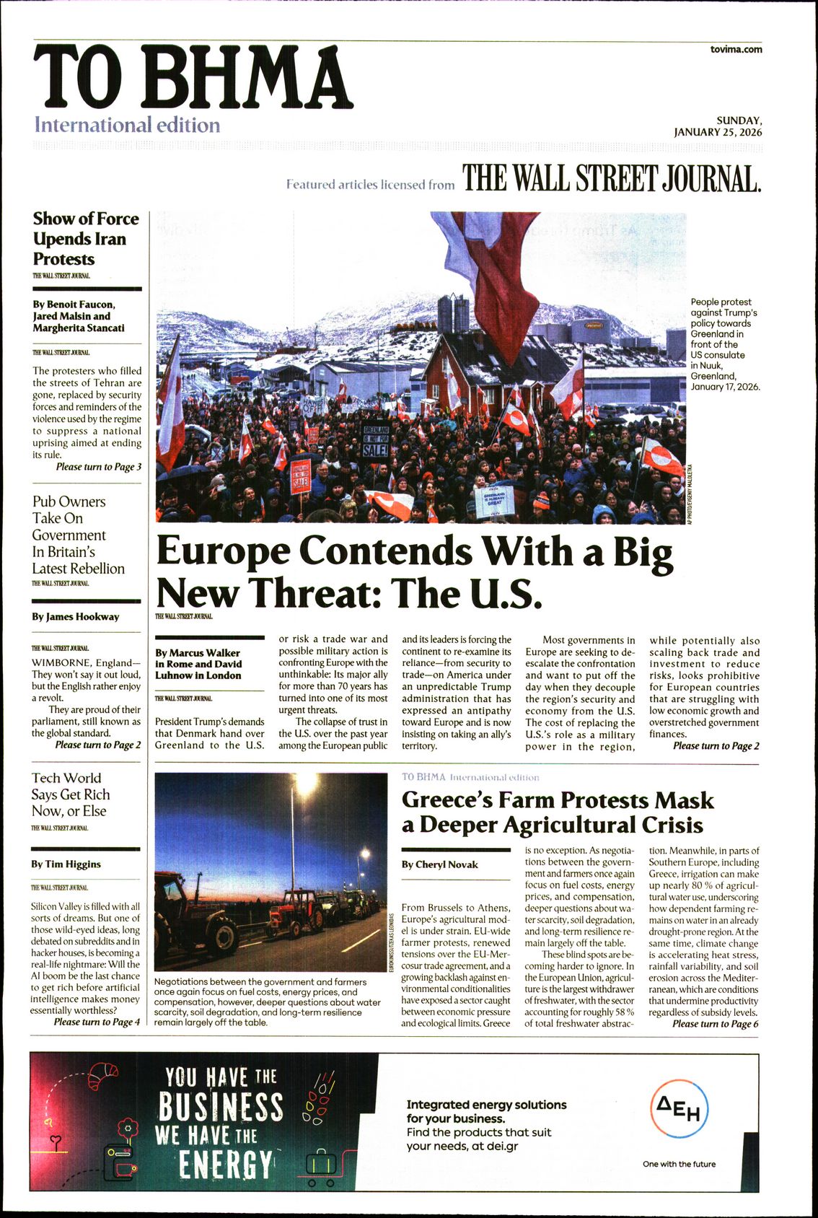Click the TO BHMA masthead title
click(x=192, y=77)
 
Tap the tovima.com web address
click(x=736, y=49)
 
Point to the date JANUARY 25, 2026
click(x=718, y=132)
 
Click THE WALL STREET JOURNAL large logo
click(x=612, y=178)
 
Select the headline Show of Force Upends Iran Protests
click(x=85, y=239)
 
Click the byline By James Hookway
click(x=76, y=617)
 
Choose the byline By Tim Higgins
click(x=66, y=864)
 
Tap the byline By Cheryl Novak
click(x=439, y=864)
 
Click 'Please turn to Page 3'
click(x=99, y=467)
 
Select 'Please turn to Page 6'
click(x=715, y=1024)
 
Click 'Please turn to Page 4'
click(x=97, y=1022)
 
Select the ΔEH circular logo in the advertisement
click(x=680, y=1108)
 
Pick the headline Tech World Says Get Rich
click(x=69, y=794)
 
